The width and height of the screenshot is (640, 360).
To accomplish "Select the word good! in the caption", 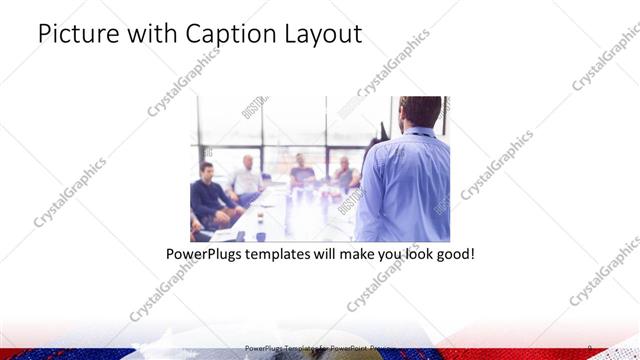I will click(x=453, y=254).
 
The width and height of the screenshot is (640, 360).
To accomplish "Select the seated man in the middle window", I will click(x=302, y=175).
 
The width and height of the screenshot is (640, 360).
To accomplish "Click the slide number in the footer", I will click(x=590, y=348).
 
